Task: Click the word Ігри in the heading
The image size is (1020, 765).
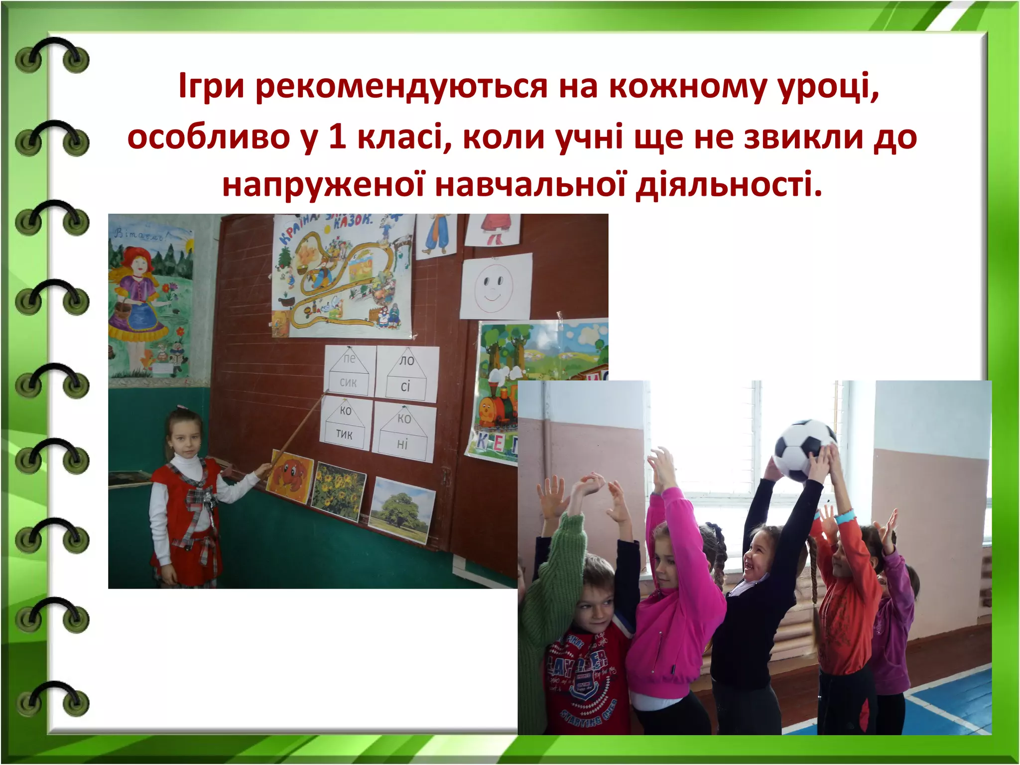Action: (211, 86)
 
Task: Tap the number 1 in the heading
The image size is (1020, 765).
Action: (337, 137)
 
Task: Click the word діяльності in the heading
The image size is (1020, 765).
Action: (729, 184)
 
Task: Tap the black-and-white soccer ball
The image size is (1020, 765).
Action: (804, 450)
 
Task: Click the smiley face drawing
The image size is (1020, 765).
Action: (495, 287)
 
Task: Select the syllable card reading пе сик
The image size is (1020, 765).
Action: (348, 371)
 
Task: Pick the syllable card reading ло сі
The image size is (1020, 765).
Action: (406, 374)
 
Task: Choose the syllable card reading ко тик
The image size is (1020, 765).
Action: (345, 424)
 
